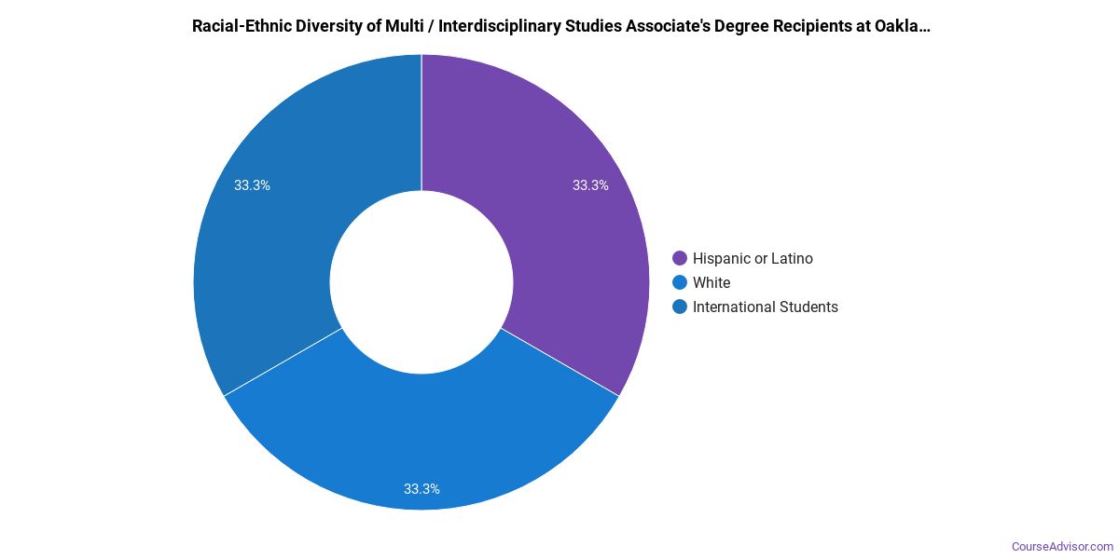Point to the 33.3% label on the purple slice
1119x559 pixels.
[590, 185]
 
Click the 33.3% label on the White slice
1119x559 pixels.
[421, 488]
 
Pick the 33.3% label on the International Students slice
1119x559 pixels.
[252, 185]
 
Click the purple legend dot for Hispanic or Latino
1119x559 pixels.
[680, 258]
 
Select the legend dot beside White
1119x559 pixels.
[680, 282]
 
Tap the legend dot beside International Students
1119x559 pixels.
[680, 307]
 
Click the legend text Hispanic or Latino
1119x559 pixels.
[753, 258]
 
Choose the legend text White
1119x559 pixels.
[711, 282]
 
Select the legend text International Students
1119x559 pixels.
[766, 307]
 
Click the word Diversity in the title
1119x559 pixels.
[323, 26]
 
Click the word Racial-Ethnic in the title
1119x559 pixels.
[239, 26]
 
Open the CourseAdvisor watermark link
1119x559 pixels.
[1062, 546]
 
